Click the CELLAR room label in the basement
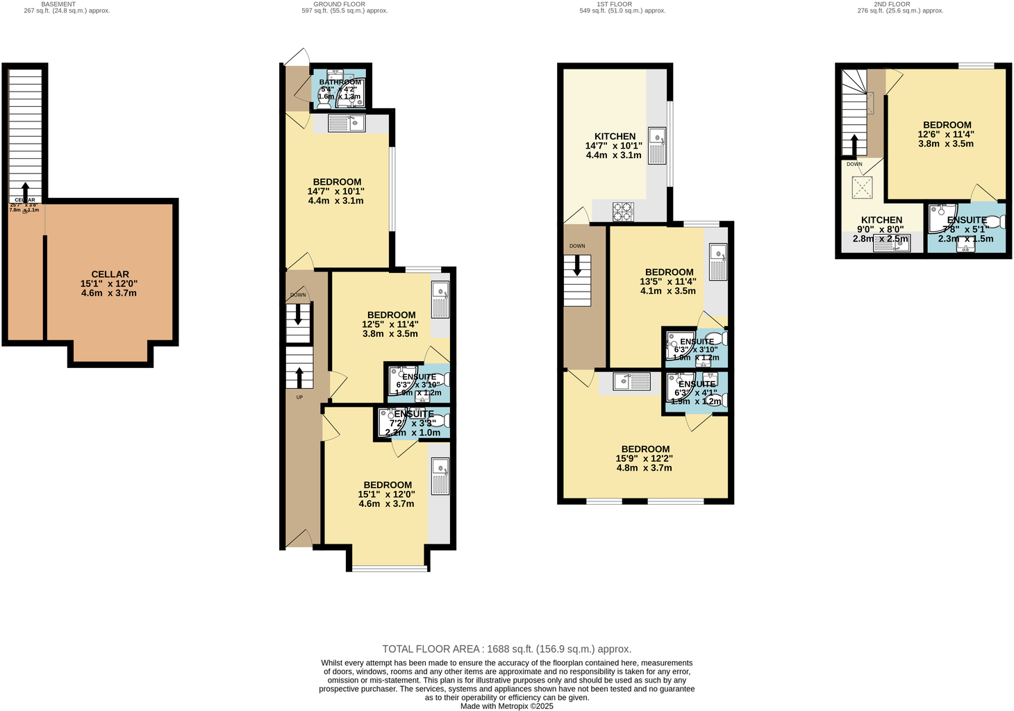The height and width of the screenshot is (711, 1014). (x=110, y=274)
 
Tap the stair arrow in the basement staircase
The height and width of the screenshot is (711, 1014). (x=26, y=190)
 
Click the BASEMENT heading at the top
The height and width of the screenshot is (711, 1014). (x=58, y=4)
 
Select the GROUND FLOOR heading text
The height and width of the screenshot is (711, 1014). (x=339, y=4)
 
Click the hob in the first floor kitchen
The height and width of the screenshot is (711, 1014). (x=623, y=211)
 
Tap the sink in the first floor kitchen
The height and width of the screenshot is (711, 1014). (x=656, y=146)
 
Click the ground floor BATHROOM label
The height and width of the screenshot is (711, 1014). (x=340, y=82)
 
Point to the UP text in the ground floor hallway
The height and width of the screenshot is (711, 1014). (x=299, y=397)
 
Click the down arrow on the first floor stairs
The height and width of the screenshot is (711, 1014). (x=576, y=266)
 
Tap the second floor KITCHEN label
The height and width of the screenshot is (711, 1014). (x=881, y=220)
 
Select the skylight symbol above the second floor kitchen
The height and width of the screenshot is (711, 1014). (x=862, y=187)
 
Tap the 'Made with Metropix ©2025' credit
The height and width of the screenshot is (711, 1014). (x=507, y=706)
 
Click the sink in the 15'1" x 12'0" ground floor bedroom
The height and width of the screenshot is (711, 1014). (x=440, y=476)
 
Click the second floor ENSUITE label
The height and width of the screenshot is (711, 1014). (x=967, y=220)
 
